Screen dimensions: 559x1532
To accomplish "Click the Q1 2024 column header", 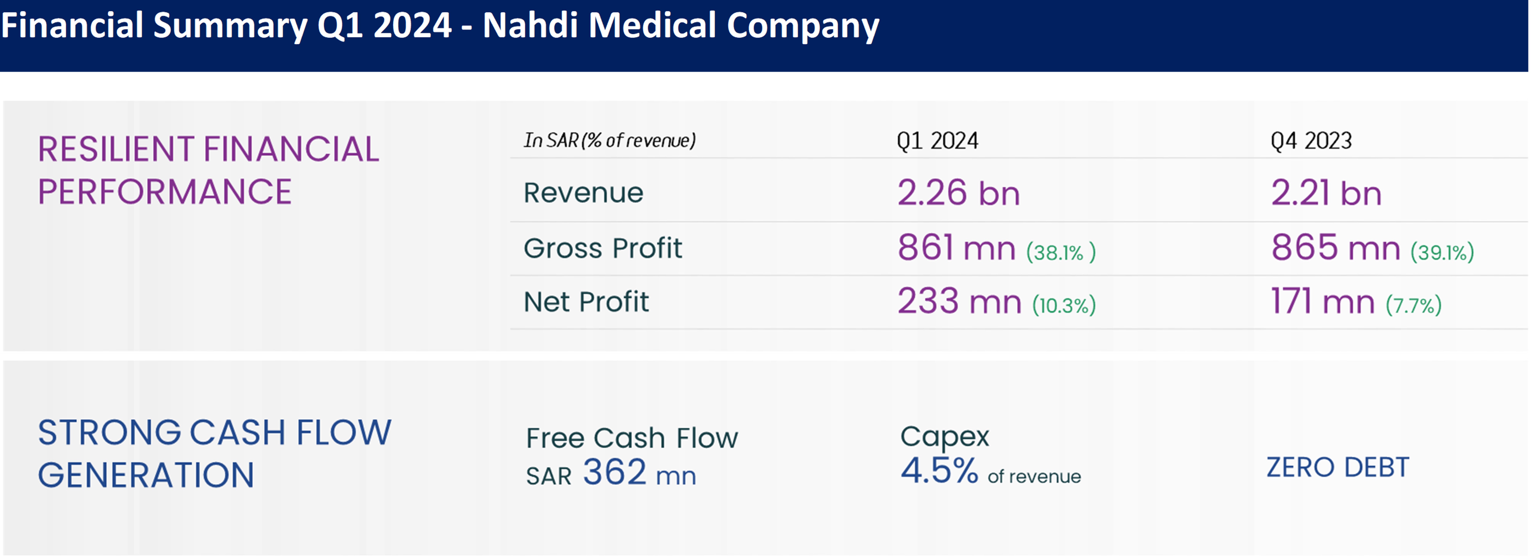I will tap(937, 141).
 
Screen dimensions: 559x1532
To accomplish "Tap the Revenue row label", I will tap(583, 193).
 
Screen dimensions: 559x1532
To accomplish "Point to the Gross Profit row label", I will tap(602, 248).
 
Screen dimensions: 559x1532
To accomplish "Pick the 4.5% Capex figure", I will tap(938, 471).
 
